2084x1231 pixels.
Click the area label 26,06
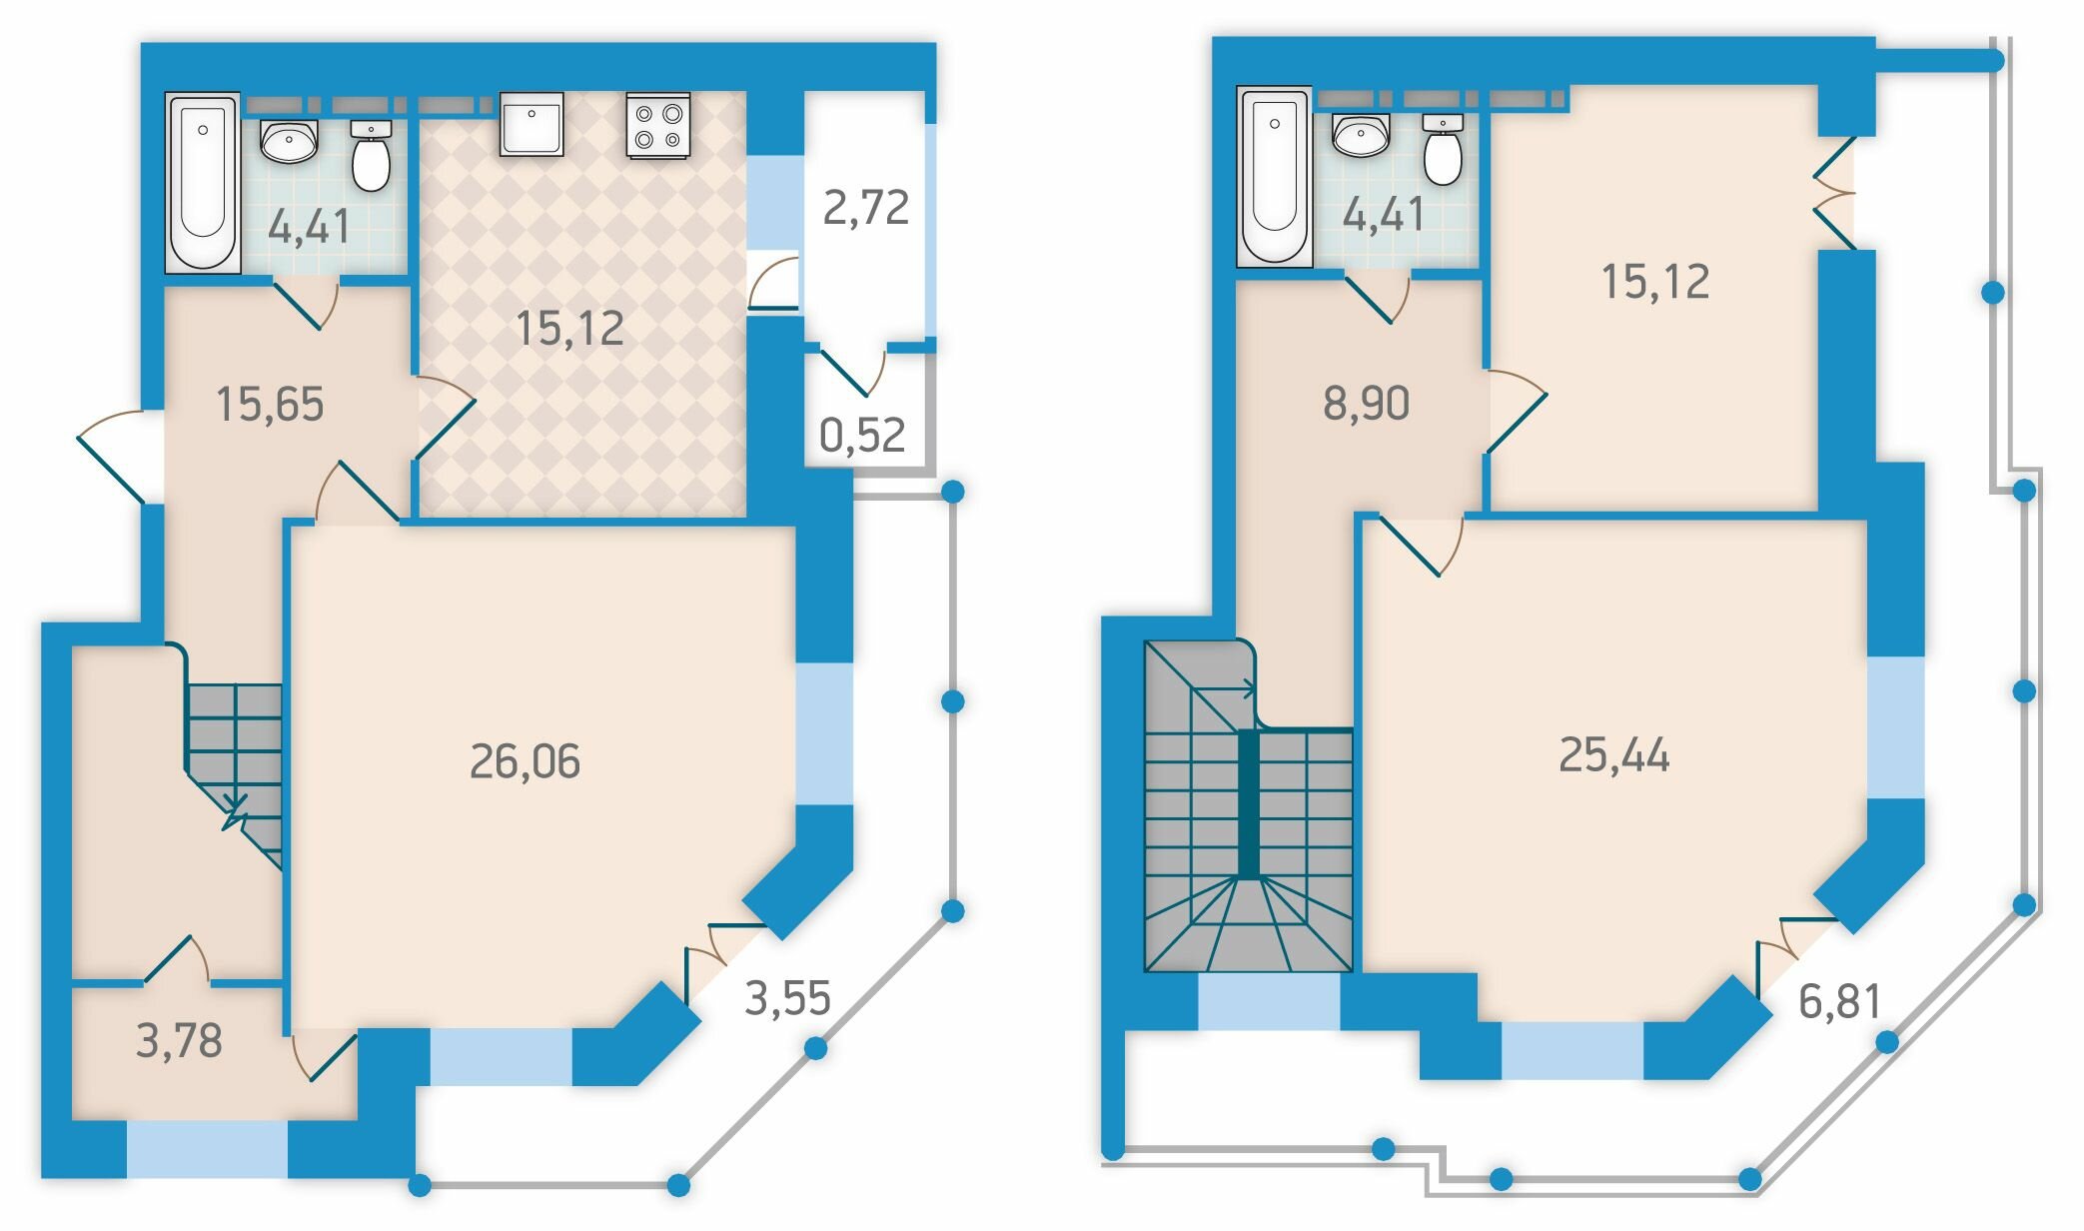click(524, 761)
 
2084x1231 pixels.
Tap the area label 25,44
click(1613, 755)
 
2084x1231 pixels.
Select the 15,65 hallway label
click(270, 405)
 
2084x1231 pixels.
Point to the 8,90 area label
click(1366, 403)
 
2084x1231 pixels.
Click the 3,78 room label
click(179, 1041)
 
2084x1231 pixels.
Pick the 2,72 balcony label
click(865, 208)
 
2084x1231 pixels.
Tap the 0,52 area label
click(862, 435)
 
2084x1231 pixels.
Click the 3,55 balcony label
click(787, 998)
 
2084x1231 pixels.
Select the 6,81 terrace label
click(1839, 1001)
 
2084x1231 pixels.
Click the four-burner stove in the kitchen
click(658, 125)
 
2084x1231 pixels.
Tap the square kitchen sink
click(531, 124)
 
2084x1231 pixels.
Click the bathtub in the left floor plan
click(203, 182)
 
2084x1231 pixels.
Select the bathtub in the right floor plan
click(1275, 176)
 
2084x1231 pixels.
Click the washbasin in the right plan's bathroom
click(1360, 135)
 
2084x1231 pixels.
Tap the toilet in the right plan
click(1443, 149)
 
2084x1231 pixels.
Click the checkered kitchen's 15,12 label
click(569, 329)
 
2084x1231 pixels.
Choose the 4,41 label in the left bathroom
click(309, 227)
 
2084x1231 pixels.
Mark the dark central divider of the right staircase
click(1248, 803)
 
